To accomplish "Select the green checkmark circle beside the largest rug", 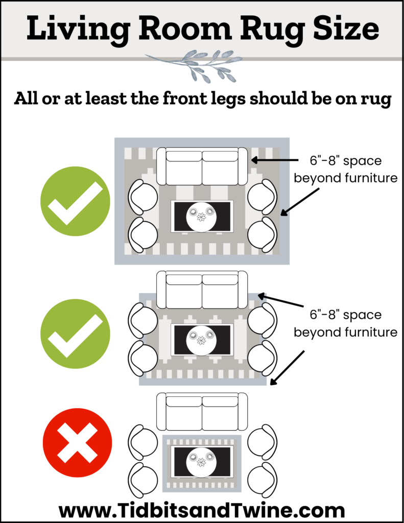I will [75, 202].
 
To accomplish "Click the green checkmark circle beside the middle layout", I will [75, 335].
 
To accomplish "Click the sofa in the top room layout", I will [202, 167].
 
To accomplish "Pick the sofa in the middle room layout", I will [202, 290].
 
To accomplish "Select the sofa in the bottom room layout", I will [202, 412].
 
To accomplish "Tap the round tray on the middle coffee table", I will [201, 340].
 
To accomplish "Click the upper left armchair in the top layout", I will [143, 196].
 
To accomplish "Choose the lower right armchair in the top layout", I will [262, 233].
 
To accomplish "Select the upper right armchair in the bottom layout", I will [262, 441].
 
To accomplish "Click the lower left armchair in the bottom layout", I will [143, 478].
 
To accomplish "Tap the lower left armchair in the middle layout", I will [143, 356].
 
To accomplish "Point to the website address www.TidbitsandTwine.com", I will [202, 510].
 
